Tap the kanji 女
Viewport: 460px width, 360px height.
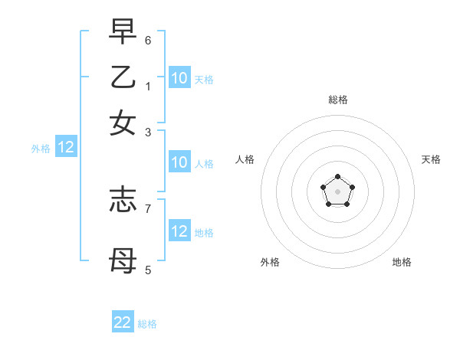(x=123, y=123)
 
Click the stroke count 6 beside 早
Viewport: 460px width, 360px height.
(x=148, y=39)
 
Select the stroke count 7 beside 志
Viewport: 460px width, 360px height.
(x=148, y=208)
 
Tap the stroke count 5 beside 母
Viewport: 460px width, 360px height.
(x=148, y=270)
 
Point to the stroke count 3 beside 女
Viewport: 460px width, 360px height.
(x=148, y=133)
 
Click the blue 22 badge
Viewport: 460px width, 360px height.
(x=123, y=322)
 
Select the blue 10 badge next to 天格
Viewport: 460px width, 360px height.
(x=179, y=78)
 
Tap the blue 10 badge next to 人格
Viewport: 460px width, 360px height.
(x=179, y=162)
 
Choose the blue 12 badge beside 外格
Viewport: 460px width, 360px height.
(x=66, y=149)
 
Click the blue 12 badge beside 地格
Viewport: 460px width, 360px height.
(x=179, y=231)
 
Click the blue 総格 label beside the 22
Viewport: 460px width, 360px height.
(x=147, y=324)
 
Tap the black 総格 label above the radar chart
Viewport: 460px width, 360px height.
(x=338, y=100)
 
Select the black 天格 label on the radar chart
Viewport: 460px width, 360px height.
(x=431, y=159)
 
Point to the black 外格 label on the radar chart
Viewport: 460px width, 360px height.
(x=270, y=262)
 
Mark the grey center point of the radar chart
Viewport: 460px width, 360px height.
(x=337, y=191)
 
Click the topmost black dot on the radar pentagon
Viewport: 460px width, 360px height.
(x=337, y=177)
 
